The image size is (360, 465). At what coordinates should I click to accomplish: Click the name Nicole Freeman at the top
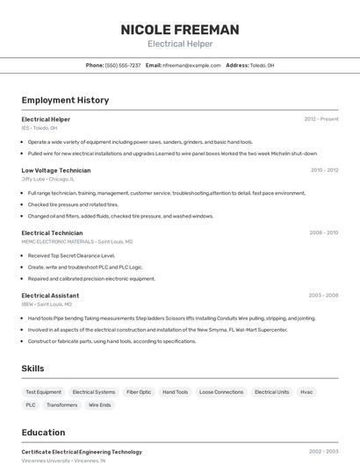tap(179, 30)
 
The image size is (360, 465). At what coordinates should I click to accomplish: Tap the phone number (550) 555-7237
tap(123, 65)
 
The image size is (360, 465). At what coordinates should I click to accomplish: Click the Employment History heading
tap(65, 100)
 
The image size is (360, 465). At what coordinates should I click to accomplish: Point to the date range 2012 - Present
tap(320, 119)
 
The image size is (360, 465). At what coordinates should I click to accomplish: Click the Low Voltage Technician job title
tap(56, 170)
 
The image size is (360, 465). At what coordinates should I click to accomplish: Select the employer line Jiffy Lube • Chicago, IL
tap(48, 179)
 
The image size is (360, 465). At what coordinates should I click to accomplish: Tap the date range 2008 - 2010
tap(323, 233)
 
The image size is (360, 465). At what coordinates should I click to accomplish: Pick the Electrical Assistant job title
tap(50, 296)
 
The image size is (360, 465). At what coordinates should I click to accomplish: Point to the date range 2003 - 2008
tap(323, 296)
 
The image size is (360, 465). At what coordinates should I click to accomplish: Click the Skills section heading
tap(33, 369)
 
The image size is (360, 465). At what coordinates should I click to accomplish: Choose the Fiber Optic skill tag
tap(139, 392)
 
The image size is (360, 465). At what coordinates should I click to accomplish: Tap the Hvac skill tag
tap(306, 392)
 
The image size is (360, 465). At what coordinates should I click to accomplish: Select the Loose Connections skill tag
tap(221, 392)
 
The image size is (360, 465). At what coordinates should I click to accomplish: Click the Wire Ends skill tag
tap(99, 405)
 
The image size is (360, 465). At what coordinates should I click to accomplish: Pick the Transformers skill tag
tap(61, 405)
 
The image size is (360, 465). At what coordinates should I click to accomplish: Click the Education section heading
tap(43, 433)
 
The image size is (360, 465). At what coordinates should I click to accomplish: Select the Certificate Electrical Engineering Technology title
tap(82, 452)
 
